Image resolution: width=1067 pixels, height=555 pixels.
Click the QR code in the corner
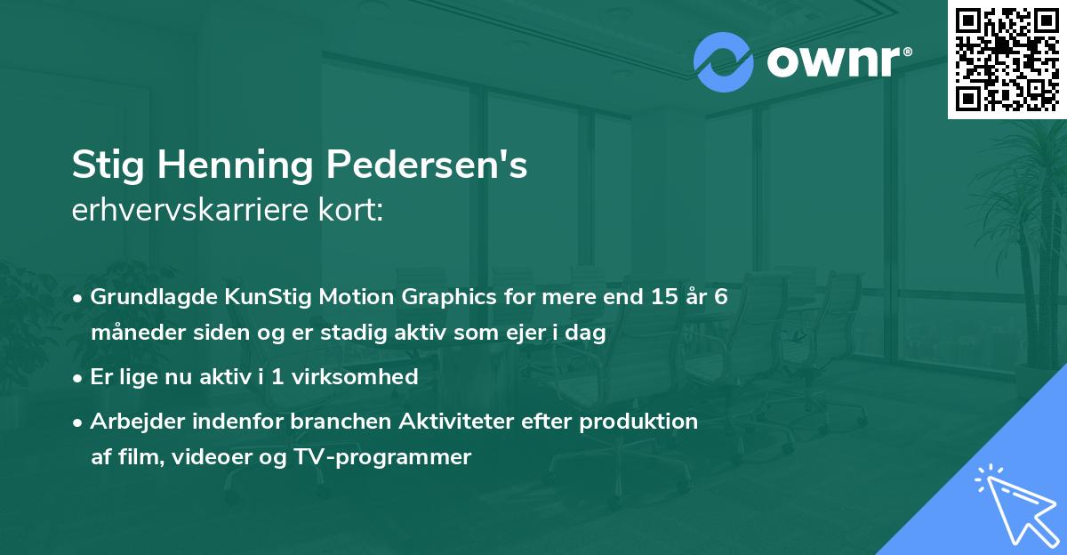(1007, 59)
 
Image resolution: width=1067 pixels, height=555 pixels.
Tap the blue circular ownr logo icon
(725, 62)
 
